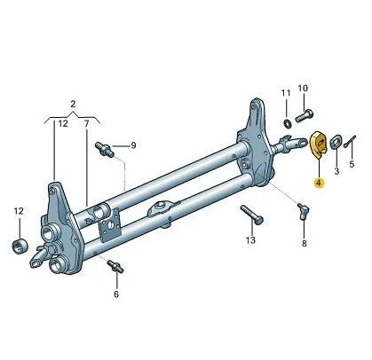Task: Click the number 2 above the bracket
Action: (73, 104)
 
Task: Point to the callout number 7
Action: (86, 123)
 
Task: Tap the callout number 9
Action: (133, 145)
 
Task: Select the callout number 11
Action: (286, 93)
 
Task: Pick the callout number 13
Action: (250, 239)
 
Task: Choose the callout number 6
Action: (116, 294)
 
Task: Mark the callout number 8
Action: (305, 244)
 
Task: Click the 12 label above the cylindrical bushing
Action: (19, 211)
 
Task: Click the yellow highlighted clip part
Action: (318, 145)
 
